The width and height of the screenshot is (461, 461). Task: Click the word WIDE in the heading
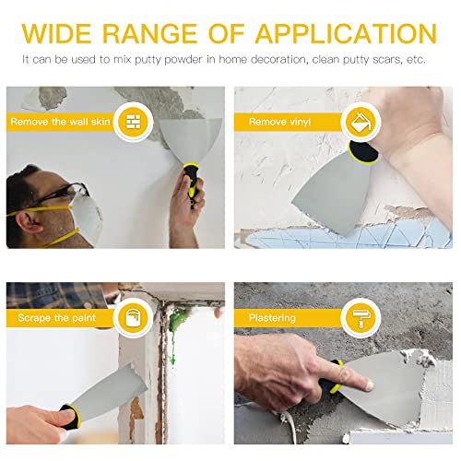(x=63, y=33)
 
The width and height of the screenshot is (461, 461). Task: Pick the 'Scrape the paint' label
(x=54, y=318)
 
